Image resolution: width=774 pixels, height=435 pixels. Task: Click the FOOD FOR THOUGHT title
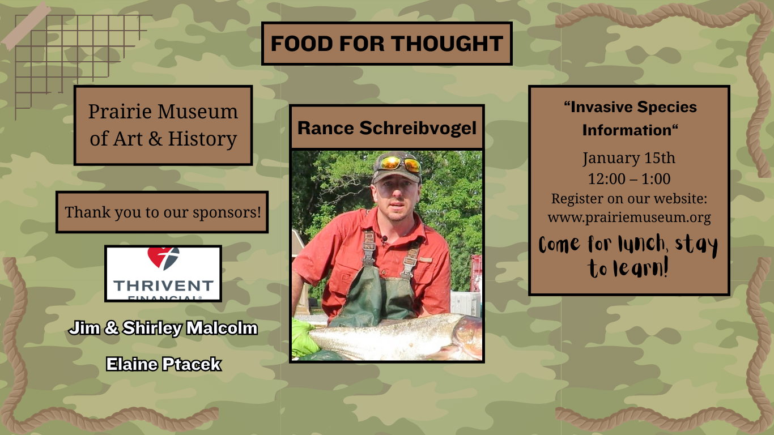click(x=386, y=44)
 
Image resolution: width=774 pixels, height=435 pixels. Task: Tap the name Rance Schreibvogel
click(x=386, y=128)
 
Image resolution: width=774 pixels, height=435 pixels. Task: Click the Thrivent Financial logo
click(x=163, y=274)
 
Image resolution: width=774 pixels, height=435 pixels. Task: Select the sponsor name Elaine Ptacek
click(x=163, y=364)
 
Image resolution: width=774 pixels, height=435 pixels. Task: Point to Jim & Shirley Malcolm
click(x=163, y=328)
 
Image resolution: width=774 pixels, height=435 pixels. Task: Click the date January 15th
click(x=629, y=157)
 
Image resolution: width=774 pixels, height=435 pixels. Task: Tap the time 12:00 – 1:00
click(x=629, y=179)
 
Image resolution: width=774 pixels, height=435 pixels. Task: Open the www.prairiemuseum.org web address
click(x=629, y=217)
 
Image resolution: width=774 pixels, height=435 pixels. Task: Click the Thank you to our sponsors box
click(x=162, y=212)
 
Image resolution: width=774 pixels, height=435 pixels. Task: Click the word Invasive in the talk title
click(x=600, y=107)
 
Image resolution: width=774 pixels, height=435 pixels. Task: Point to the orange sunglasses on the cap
click(x=400, y=164)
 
